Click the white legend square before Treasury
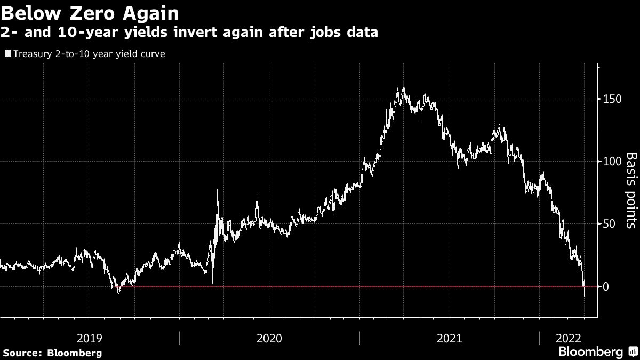[x=7, y=54]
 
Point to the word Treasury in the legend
[x=30, y=54]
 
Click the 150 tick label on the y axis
[x=612, y=99]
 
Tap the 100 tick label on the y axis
[x=612, y=162]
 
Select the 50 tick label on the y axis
[x=610, y=224]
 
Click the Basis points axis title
[x=631, y=190]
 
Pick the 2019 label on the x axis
[x=90, y=338]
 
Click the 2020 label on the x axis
[x=269, y=338]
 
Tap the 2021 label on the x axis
[x=449, y=338]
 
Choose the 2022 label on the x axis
[x=569, y=338]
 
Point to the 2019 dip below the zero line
[x=118, y=291]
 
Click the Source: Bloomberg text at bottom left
[x=52, y=353]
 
